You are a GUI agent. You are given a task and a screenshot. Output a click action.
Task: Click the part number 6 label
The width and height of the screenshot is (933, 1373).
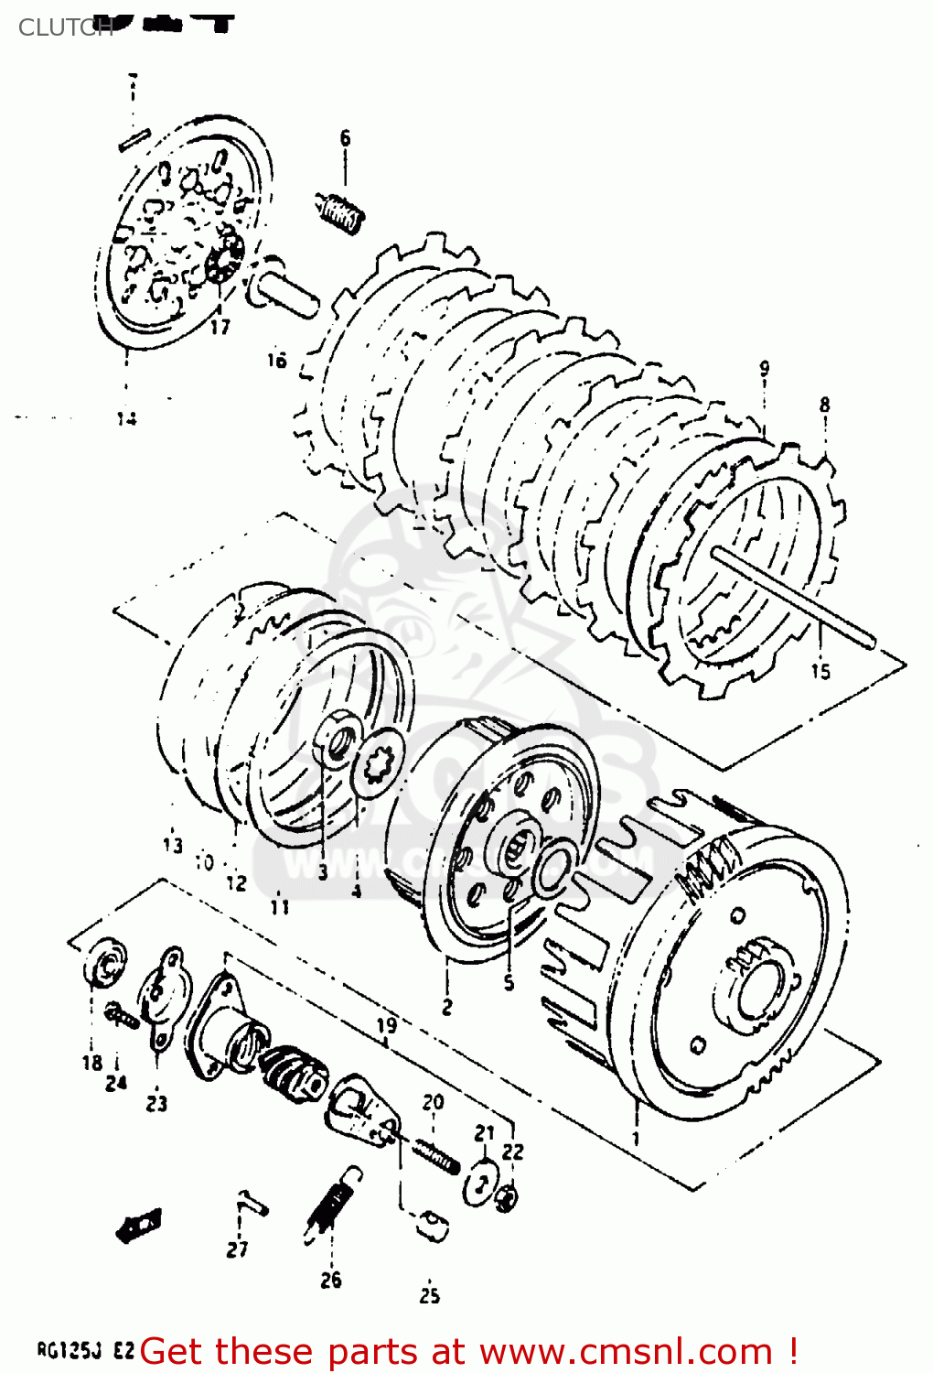tap(345, 138)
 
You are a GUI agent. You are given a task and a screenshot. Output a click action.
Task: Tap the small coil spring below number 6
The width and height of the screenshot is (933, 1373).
tap(340, 213)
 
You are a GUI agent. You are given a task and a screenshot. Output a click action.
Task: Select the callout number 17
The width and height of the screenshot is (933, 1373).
tap(220, 326)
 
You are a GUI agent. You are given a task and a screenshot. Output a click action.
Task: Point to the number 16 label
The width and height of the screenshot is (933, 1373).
tap(276, 360)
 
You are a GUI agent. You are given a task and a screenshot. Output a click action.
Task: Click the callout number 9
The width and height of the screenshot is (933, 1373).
tap(764, 369)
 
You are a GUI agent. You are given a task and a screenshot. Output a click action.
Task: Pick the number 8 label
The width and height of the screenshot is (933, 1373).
tap(824, 404)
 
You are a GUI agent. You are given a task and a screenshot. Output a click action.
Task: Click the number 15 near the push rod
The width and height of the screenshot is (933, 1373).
tap(820, 671)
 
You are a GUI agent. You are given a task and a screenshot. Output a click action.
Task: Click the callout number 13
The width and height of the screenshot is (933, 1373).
tap(173, 845)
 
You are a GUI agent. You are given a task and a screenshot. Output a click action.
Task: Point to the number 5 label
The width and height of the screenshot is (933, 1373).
tap(509, 983)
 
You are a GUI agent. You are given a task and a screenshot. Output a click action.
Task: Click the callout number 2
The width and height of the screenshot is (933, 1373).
tap(446, 1007)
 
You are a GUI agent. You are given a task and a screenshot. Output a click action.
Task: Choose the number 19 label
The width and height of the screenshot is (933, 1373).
tap(386, 1025)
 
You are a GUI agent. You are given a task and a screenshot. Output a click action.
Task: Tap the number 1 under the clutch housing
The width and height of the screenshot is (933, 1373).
tap(636, 1140)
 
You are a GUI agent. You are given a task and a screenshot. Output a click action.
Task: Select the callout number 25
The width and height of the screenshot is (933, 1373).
tap(429, 1295)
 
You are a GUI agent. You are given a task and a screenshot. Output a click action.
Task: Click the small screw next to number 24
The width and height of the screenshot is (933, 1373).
tap(121, 1014)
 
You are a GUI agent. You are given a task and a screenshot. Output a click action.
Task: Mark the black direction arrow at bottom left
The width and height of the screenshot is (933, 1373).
tap(139, 1225)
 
